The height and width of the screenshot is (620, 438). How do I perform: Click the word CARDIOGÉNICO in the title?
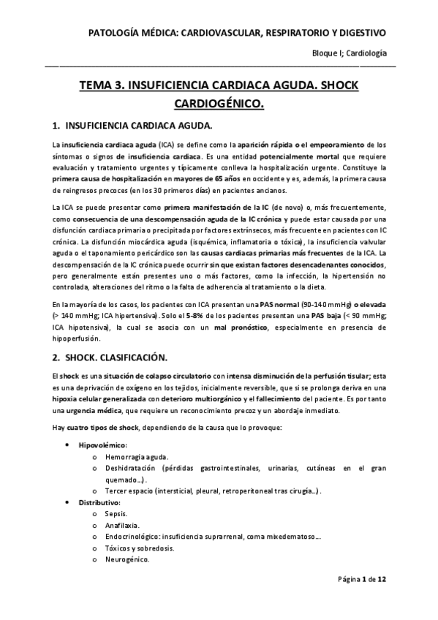(x=219, y=105)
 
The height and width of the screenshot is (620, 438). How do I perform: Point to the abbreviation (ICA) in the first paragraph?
(x=169, y=145)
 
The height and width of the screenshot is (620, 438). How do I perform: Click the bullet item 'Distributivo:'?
(x=99, y=503)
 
